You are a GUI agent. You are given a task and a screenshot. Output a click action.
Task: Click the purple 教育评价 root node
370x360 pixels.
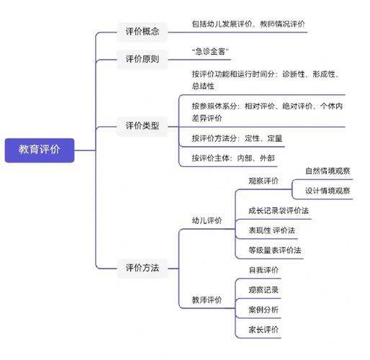[40, 150]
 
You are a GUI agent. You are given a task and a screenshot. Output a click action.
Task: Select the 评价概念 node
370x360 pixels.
[143, 32]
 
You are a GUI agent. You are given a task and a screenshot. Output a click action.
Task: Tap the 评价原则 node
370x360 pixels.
[143, 59]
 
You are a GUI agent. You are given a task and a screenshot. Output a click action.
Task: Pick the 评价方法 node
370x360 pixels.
[143, 268]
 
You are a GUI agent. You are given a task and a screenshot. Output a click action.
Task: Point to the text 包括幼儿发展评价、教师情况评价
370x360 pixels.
[248, 24]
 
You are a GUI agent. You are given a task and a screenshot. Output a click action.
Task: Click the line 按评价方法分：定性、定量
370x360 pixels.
[237, 138]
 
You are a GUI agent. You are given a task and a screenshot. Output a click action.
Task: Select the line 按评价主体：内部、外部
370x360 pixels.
[233, 158]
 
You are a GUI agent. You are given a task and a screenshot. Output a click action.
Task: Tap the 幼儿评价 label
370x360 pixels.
[207, 221]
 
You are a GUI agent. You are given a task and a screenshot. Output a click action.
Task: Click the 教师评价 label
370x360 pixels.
[207, 300]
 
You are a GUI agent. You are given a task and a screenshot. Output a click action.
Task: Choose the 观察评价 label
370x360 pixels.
[263, 181]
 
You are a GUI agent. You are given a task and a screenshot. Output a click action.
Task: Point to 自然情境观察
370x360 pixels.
[328, 171]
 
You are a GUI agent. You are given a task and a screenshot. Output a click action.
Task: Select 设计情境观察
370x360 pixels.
[328, 191]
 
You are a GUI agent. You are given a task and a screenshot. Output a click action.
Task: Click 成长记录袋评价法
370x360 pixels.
[278, 210]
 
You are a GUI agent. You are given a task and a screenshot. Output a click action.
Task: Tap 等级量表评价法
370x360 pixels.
[275, 250]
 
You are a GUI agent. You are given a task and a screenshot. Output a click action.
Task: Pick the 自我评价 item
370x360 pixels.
[263, 270]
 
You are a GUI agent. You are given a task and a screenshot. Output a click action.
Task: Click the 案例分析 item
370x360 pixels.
[263, 310]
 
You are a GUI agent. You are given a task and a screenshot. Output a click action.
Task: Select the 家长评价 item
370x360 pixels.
[263, 330]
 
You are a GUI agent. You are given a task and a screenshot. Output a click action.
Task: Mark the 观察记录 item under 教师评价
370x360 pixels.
[263, 290]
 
